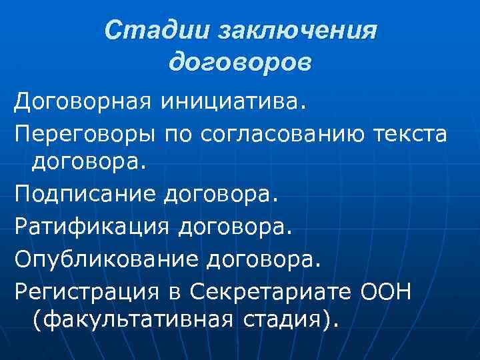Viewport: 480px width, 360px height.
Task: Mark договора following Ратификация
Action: [234, 227]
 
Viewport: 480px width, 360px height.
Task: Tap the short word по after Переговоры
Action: [173, 135]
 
